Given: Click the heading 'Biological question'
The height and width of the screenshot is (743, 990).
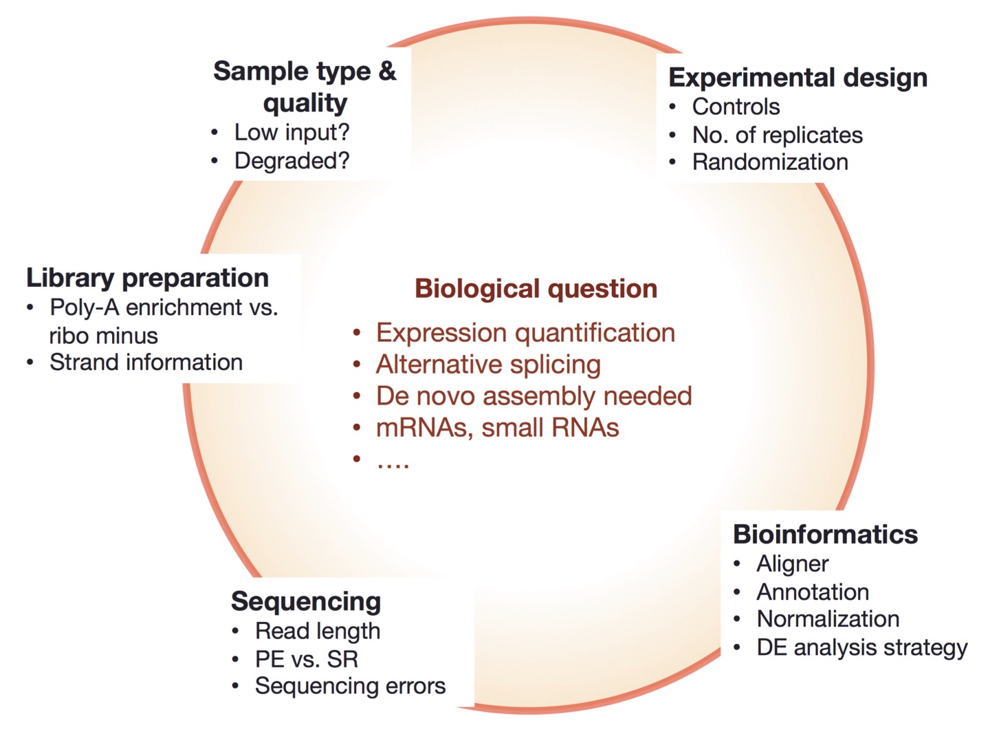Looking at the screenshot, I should [x=536, y=289].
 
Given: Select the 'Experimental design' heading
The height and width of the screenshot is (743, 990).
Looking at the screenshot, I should [x=797, y=78].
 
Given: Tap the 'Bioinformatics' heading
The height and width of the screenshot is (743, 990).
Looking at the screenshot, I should [x=825, y=535].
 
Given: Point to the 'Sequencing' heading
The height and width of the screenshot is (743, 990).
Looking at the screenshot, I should [x=306, y=601].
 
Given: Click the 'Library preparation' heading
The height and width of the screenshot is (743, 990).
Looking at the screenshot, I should [x=147, y=278].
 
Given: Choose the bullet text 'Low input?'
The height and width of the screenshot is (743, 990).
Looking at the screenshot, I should [x=291, y=132].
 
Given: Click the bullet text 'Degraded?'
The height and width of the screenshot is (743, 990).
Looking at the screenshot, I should [x=291, y=161].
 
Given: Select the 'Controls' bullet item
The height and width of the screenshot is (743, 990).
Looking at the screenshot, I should [x=736, y=107].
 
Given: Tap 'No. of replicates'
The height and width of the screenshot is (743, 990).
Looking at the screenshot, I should [x=777, y=136].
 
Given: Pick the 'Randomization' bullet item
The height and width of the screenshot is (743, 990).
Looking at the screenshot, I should [x=770, y=162].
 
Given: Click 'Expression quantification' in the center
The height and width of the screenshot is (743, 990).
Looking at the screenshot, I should [x=525, y=333].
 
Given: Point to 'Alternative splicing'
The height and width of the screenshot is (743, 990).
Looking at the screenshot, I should [x=488, y=365].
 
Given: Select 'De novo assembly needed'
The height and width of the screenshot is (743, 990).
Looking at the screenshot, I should [x=533, y=396].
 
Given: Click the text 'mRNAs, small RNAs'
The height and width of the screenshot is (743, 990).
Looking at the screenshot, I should [x=497, y=428].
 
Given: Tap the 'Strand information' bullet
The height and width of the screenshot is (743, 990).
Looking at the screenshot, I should [x=146, y=363].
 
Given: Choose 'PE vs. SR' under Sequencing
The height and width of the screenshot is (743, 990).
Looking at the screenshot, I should [x=307, y=659].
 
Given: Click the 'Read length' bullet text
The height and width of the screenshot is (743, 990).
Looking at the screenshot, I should [x=317, y=631].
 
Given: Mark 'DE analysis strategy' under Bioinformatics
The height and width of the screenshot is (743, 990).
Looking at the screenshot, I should [x=861, y=647].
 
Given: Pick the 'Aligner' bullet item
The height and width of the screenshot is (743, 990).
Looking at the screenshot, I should [x=792, y=564].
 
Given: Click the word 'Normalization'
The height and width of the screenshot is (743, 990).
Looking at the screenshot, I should [x=828, y=619].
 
